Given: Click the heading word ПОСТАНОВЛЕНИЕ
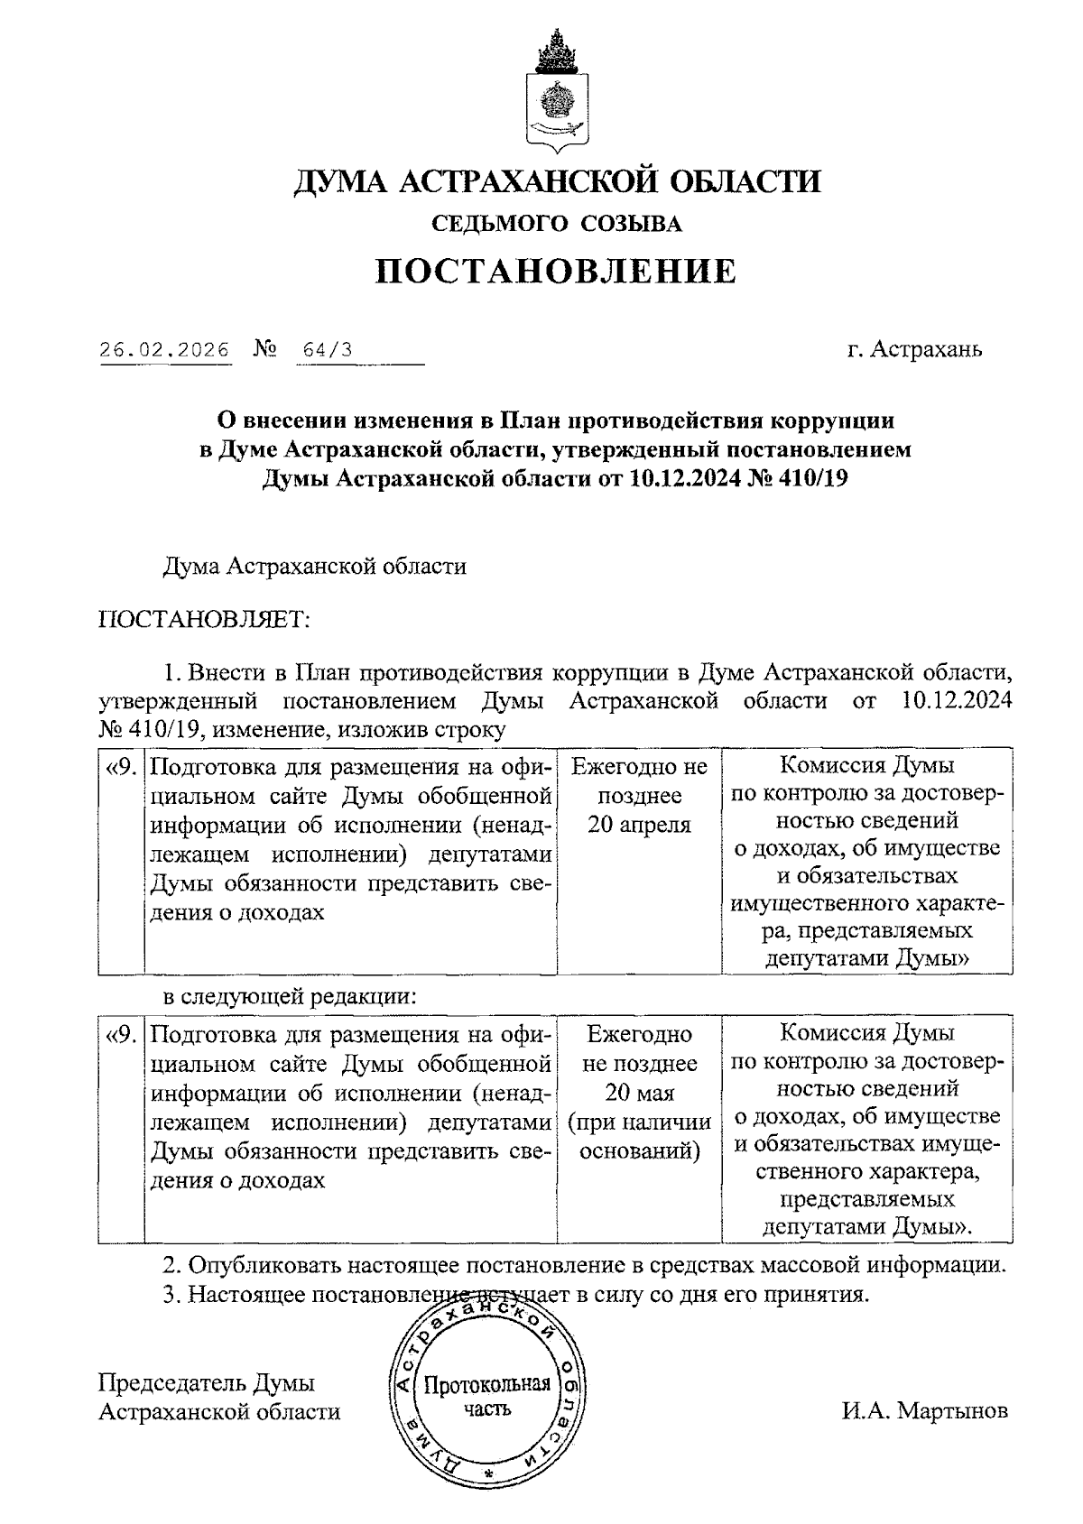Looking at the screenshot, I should pyautogui.click(x=556, y=271).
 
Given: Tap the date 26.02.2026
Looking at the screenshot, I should pyautogui.click(x=164, y=350).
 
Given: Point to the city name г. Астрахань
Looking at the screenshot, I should pyautogui.click(x=914, y=349).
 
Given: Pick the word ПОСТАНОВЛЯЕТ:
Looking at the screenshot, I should pyautogui.click(x=204, y=619).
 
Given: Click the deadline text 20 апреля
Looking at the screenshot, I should pyautogui.click(x=639, y=825).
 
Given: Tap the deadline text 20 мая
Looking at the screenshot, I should pyautogui.click(x=639, y=1093).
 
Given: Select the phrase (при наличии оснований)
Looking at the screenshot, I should pyautogui.click(x=639, y=1136).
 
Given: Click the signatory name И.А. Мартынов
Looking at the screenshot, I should pyautogui.click(x=925, y=1411).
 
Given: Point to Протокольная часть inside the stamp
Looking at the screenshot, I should pyautogui.click(x=487, y=1397).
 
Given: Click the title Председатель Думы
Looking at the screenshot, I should pyautogui.click(x=207, y=1383).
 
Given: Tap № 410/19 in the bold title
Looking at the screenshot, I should pyautogui.click(x=800, y=479).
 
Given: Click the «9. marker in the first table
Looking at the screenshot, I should pyautogui.click(x=122, y=768).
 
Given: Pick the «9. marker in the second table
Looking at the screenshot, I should pyautogui.click(x=122, y=1035).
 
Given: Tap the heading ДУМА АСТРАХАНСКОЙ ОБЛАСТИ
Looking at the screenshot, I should pyautogui.click(x=556, y=181).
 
